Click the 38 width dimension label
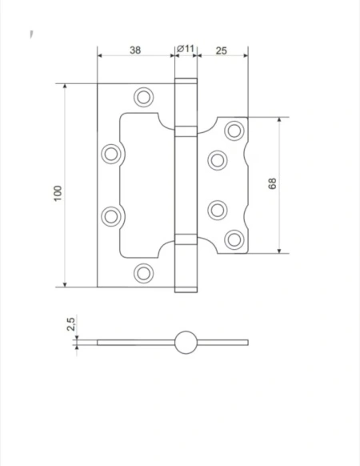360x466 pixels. pos(135,50)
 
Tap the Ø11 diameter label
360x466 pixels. pos(186,49)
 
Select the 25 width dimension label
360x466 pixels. pos(222,50)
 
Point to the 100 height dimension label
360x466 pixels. pos(58,193)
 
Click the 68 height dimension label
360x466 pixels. pos(272,183)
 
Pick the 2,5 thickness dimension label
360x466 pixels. pos(70,324)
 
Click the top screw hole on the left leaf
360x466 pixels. pos(144,97)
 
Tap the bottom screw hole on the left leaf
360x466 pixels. pos(144,273)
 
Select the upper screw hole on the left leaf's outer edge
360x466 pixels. pos(111,154)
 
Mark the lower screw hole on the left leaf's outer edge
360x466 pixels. pos(111,216)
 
